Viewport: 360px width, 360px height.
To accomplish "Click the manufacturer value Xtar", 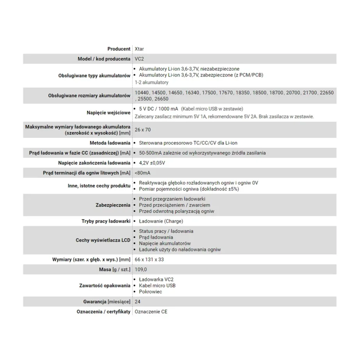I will tap(139, 49).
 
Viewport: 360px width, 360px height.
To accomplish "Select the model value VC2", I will tap(139, 59).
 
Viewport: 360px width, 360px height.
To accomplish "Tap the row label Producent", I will tap(119, 49).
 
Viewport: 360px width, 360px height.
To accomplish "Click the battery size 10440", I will tap(141, 93).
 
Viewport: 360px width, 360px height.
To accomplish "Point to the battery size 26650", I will tap(161, 99).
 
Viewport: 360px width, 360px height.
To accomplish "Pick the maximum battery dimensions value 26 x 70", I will tap(143, 130).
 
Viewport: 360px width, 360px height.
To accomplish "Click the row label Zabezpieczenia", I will tap(113, 205).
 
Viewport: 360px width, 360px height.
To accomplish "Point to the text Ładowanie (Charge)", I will tap(160, 221).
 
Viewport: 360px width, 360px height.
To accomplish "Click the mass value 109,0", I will tap(141, 269).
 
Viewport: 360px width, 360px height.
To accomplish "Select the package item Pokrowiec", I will tap(150, 292).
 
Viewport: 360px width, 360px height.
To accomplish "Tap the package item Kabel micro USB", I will tap(157, 285).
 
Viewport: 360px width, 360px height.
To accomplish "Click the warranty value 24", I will tap(137, 302).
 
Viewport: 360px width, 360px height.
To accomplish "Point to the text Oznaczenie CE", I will tap(151, 312).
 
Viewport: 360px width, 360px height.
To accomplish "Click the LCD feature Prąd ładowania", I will tap(156, 237).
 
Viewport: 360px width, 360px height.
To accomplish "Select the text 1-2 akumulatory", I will tap(151, 82).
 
